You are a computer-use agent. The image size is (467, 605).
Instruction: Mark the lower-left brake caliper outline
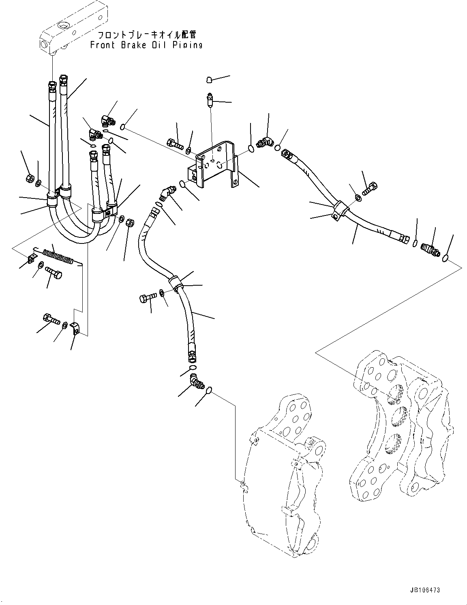point(284,479)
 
